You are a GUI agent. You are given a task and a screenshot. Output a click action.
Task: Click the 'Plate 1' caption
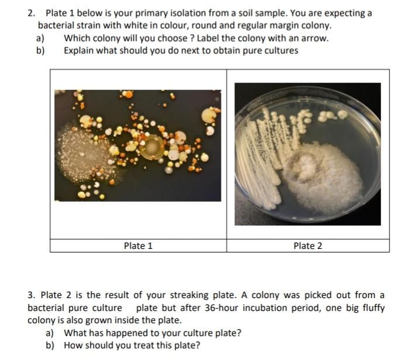click(x=138, y=246)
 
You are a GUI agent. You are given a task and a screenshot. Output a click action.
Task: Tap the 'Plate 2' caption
click(x=307, y=246)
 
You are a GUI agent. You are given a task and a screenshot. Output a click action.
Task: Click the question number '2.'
click(x=32, y=13)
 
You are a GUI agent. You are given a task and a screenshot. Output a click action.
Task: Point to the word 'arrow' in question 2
click(x=314, y=39)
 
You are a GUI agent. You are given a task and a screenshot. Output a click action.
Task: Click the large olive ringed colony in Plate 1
click(x=154, y=148)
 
